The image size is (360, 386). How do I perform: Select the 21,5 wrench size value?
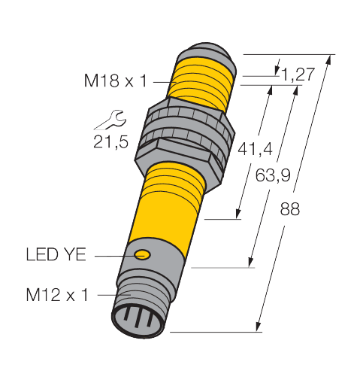click(x=109, y=141)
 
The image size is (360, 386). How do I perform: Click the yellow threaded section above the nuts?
click(x=204, y=81)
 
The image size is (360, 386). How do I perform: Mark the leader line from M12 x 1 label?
click(x=105, y=295)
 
